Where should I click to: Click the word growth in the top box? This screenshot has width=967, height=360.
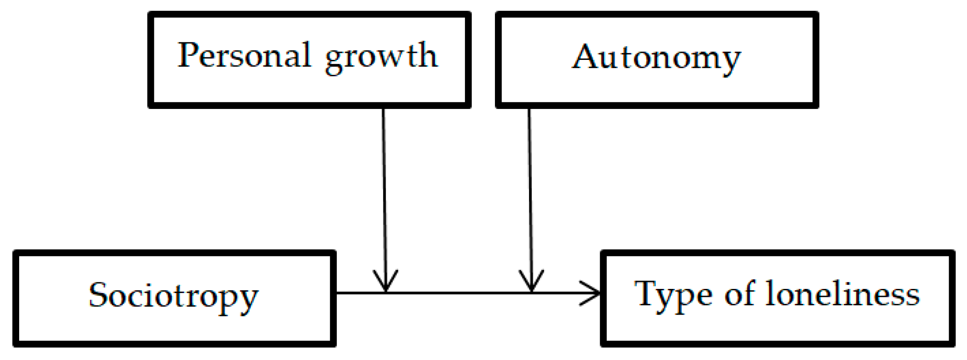(381, 57)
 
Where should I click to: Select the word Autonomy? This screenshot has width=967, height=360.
(656, 58)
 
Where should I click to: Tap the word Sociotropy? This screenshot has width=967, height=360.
(173, 296)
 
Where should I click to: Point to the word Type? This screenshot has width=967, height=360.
(672, 295)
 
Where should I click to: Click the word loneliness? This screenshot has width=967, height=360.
(843, 294)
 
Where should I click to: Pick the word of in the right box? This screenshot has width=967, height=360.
(739, 294)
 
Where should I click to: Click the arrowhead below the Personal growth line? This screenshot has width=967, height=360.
(386, 283)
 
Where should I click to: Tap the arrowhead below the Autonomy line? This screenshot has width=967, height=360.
(531, 283)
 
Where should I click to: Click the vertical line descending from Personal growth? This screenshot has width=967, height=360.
(384, 187)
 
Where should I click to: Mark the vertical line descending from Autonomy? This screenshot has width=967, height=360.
(530, 187)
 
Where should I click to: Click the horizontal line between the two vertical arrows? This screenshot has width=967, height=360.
(458, 293)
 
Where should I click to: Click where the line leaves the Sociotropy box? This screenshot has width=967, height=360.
(336, 293)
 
